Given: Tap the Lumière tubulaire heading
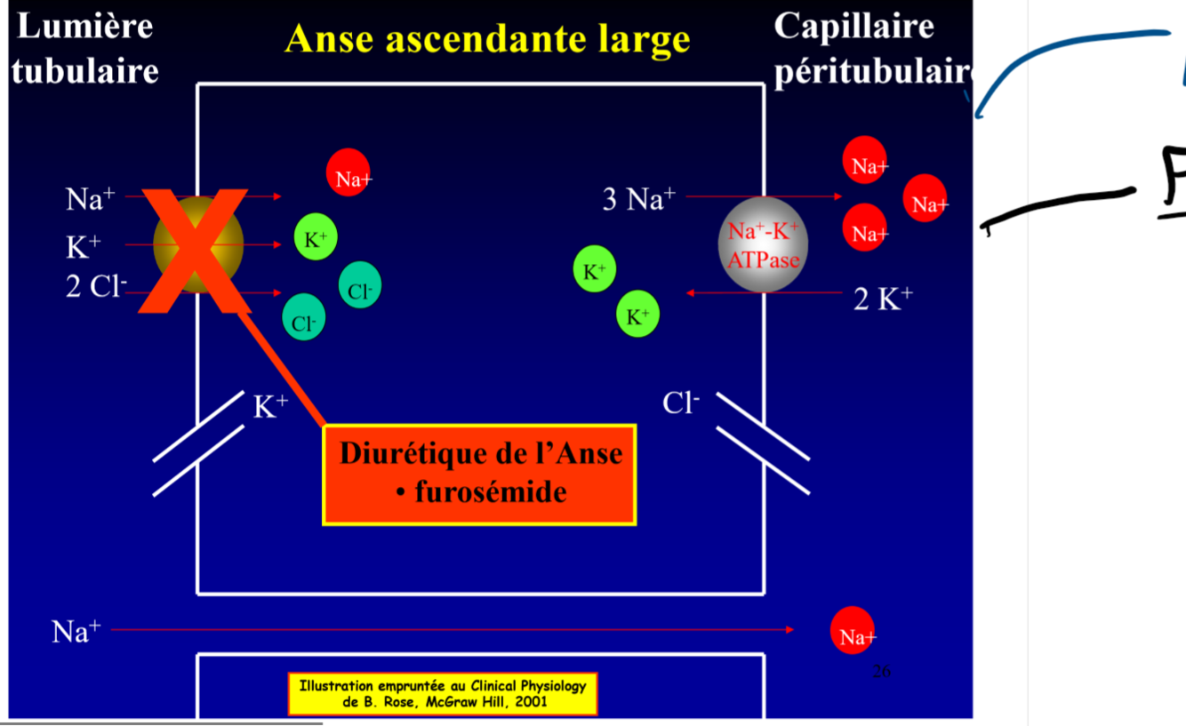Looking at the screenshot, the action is point(85,48).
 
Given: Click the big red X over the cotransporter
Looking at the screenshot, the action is point(195,243).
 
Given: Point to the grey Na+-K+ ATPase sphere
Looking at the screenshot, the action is point(763,244).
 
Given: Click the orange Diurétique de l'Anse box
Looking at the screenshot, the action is point(479,474).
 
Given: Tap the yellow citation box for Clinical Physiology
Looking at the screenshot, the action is point(443,694).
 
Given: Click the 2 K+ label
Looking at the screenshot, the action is point(883,299).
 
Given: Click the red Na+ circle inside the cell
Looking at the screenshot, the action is point(349,172).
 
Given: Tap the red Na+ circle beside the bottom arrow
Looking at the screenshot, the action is point(853,630).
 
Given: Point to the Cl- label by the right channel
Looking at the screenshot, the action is point(681,403).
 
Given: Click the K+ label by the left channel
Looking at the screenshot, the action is point(270,407).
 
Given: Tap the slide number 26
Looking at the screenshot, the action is point(881,672).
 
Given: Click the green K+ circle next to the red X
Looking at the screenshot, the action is point(316,237).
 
